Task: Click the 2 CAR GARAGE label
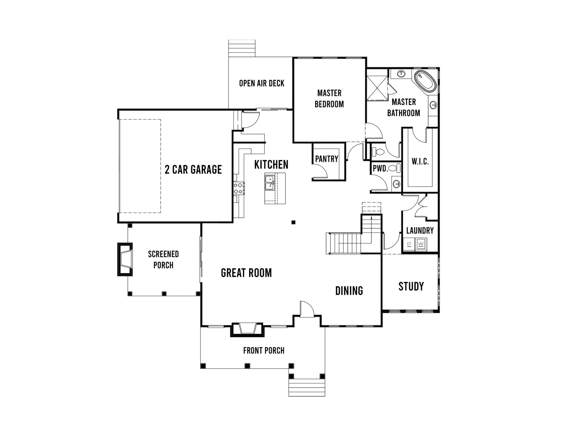[193, 169]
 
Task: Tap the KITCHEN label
[271, 165]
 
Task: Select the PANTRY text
[327, 159]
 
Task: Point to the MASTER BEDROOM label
[329, 98]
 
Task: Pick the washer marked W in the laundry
[421, 244]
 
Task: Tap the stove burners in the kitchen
[239, 188]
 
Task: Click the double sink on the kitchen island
[270, 183]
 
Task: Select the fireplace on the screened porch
[125, 259]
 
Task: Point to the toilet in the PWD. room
[395, 169]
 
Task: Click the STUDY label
[411, 286]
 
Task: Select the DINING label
[349, 291]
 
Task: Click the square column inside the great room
[293, 222]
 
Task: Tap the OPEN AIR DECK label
[262, 83]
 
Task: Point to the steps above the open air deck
[242, 48]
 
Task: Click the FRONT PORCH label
[264, 351]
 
